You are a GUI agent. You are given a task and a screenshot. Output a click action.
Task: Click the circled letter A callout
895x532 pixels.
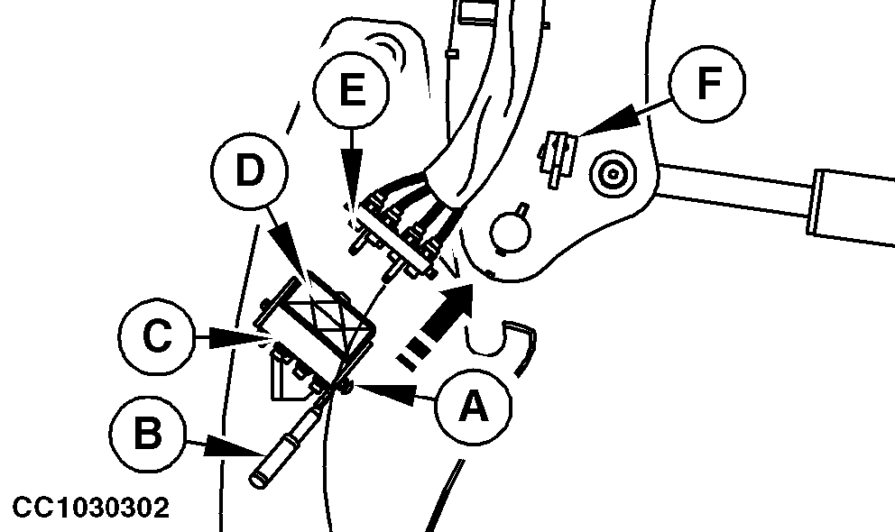click(473, 407)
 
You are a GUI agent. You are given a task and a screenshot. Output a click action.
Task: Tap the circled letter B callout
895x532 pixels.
click(147, 434)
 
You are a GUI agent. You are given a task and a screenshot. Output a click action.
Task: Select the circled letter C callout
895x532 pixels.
click(158, 336)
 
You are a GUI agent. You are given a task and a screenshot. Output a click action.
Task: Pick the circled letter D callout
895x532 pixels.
click(249, 170)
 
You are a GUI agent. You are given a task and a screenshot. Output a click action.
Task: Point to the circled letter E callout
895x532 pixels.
click(352, 89)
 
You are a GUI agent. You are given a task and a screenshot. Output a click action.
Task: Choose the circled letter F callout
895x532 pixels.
click(707, 83)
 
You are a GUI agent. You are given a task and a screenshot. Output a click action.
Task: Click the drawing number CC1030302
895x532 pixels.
click(91, 508)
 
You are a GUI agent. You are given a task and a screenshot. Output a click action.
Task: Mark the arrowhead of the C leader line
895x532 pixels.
click(240, 338)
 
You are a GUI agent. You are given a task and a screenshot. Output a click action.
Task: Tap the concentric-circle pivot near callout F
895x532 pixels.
click(613, 174)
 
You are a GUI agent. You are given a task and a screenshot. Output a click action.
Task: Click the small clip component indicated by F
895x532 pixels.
click(556, 158)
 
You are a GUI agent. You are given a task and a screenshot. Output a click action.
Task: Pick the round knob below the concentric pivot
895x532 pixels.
click(511, 230)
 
